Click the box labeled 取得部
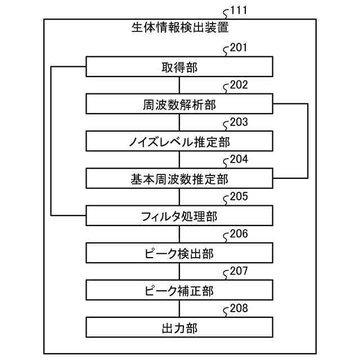click(179, 67)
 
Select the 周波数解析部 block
click(179, 105)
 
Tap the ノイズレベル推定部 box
click(179, 142)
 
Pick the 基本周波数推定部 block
click(179, 179)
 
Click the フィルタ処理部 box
click(179, 216)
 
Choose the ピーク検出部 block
click(179, 253)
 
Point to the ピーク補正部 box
click(179, 290)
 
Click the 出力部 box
click(179, 327)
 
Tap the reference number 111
click(239, 10)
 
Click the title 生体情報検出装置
click(179, 27)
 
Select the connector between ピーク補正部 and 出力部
click(179, 309)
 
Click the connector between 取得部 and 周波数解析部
click(179, 86)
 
